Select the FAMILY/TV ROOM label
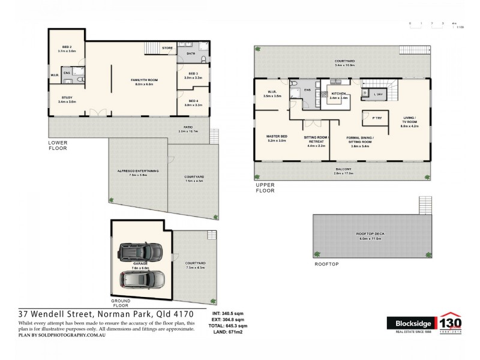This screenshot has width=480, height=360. click(x=143, y=82)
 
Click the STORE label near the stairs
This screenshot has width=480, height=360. click(x=167, y=47)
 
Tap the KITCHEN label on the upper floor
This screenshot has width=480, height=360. click(x=338, y=95)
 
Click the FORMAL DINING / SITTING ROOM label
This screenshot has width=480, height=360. click(x=360, y=140)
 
